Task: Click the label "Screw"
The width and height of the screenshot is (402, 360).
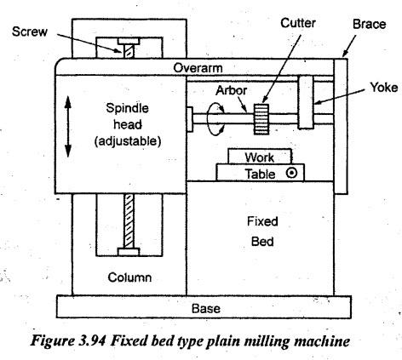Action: pyautogui.click(x=30, y=31)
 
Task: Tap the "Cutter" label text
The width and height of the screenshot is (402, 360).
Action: pyautogui.click(x=298, y=23)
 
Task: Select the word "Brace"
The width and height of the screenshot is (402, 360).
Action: pyautogui.click(x=369, y=24)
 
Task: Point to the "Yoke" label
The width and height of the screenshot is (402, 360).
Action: pyautogui.click(x=384, y=88)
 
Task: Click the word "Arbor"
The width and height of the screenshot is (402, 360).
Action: pyautogui.click(x=232, y=90)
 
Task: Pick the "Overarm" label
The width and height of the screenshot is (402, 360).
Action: pyautogui.click(x=198, y=68)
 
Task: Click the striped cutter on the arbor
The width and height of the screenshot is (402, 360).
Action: pyautogui.click(x=261, y=119)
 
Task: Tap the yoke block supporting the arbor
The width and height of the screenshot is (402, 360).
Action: pyautogui.click(x=306, y=102)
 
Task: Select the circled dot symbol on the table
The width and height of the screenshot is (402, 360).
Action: pyautogui.click(x=291, y=173)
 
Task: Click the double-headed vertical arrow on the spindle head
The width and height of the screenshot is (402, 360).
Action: pyautogui.click(x=67, y=127)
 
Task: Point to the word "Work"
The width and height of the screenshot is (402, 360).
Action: pyautogui.click(x=260, y=157)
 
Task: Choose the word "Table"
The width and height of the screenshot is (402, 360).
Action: pyautogui.click(x=260, y=174)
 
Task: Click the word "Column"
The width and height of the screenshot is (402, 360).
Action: pyautogui.click(x=129, y=277)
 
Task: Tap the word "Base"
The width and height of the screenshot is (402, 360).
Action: pyautogui.click(x=206, y=308)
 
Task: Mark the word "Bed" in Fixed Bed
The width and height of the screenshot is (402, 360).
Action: pyautogui.click(x=262, y=242)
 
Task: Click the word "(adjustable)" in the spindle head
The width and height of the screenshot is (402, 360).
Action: pyautogui.click(x=128, y=141)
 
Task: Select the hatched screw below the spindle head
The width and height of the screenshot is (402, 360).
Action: pyautogui.click(x=129, y=222)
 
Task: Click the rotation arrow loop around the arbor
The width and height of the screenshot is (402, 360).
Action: pyautogui.click(x=215, y=119)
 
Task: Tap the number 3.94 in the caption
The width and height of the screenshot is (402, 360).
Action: pyautogui.click(x=91, y=340)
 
